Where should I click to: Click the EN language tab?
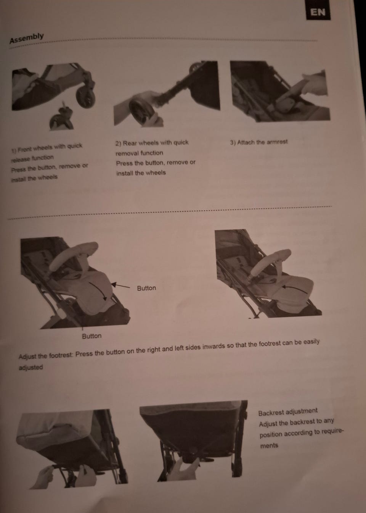(x=318, y=12)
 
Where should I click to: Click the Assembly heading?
(x=26, y=38)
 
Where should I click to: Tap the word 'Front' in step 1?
(x=25, y=150)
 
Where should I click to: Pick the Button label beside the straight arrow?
(x=146, y=288)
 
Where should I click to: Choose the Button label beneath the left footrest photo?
(x=92, y=336)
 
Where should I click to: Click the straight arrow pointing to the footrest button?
(x=120, y=286)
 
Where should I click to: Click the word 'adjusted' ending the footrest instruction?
(x=30, y=367)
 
